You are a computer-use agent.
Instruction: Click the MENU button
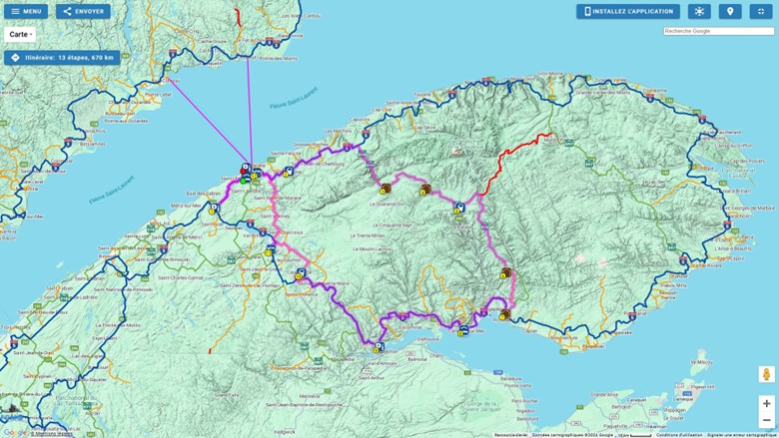tap(26, 12)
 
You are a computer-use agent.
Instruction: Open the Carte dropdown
tap(21, 34)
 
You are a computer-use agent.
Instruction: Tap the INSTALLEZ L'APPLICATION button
tap(627, 12)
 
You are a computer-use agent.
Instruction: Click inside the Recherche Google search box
tap(718, 31)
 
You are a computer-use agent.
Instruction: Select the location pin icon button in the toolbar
tap(730, 12)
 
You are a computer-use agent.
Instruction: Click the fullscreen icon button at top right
tap(761, 12)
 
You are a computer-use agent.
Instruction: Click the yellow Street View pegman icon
tap(766, 374)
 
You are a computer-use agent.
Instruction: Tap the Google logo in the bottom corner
tap(14, 432)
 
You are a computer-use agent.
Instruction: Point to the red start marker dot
tap(245, 170)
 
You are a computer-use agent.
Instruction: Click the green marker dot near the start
tap(245, 182)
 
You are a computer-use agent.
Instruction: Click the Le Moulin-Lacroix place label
tap(367, 248)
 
